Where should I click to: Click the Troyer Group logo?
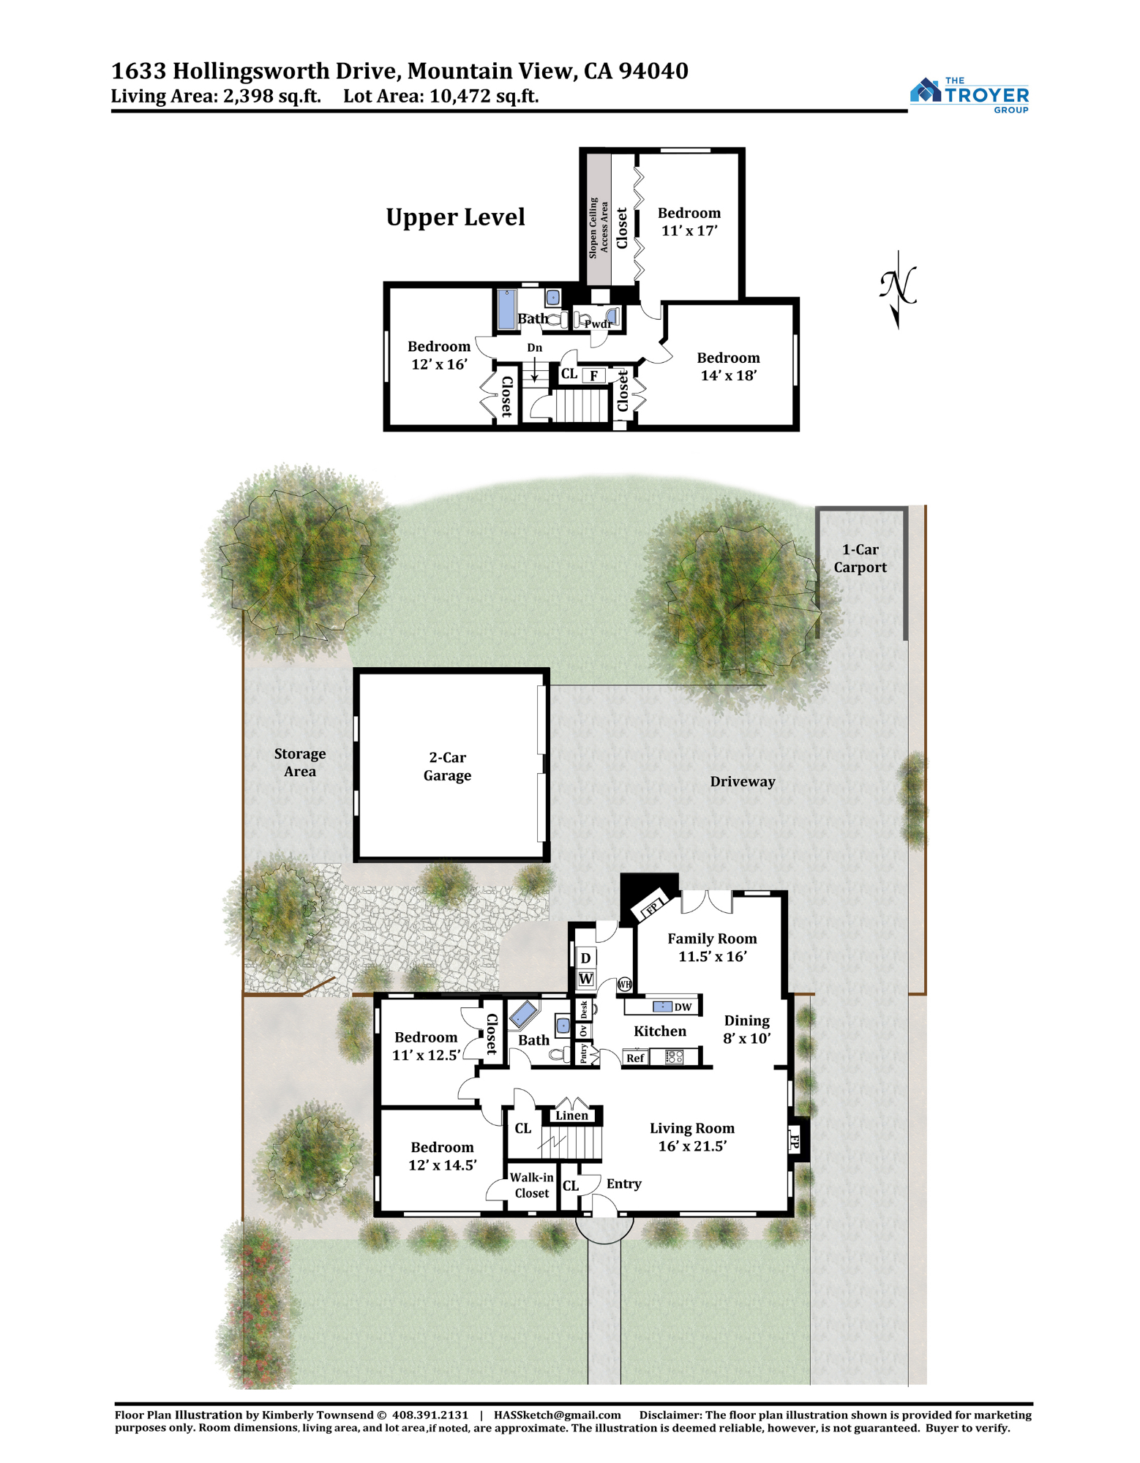969,94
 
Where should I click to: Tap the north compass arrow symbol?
898,290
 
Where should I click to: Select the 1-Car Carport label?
860,558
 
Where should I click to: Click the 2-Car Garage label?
447,767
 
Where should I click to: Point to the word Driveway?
743,781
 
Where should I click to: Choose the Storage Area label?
300,762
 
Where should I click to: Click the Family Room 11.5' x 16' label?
712,947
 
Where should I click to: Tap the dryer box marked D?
585,958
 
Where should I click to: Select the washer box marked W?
585,979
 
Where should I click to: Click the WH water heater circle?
624,985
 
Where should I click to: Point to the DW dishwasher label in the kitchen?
683,1007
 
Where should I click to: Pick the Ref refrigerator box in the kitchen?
635,1058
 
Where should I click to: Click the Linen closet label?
571,1116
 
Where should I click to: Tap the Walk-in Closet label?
531,1185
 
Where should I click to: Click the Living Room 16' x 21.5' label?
692,1137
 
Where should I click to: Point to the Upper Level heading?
455,217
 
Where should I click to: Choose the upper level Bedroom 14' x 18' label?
728,366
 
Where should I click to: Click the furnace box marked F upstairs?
594,376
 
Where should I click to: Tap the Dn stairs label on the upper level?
535,348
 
